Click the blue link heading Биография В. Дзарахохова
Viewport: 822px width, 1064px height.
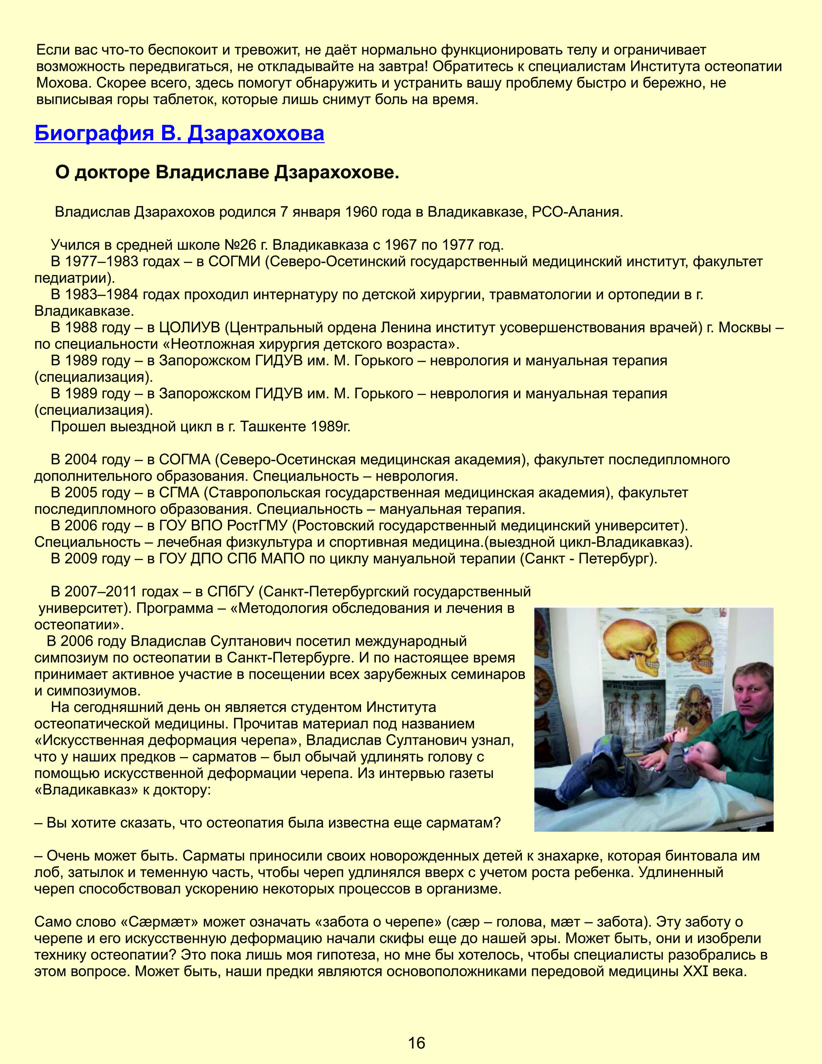(179, 133)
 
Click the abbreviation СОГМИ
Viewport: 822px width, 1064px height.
(235, 261)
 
